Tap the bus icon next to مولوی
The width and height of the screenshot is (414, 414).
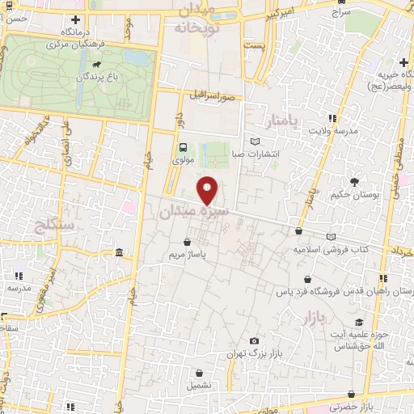click(x=184, y=148)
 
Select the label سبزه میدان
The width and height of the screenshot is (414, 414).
click(x=193, y=211)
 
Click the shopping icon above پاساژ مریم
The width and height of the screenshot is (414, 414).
click(x=188, y=241)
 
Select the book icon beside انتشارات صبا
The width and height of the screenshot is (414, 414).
click(x=256, y=142)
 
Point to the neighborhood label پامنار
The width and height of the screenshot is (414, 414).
click(x=282, y=121)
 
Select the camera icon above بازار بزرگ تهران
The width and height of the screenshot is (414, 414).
click(x=256, y=341)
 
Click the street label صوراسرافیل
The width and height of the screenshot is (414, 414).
click(x=213, y=95)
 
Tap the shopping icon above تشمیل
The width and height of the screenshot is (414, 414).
click(x=200, y=373)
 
